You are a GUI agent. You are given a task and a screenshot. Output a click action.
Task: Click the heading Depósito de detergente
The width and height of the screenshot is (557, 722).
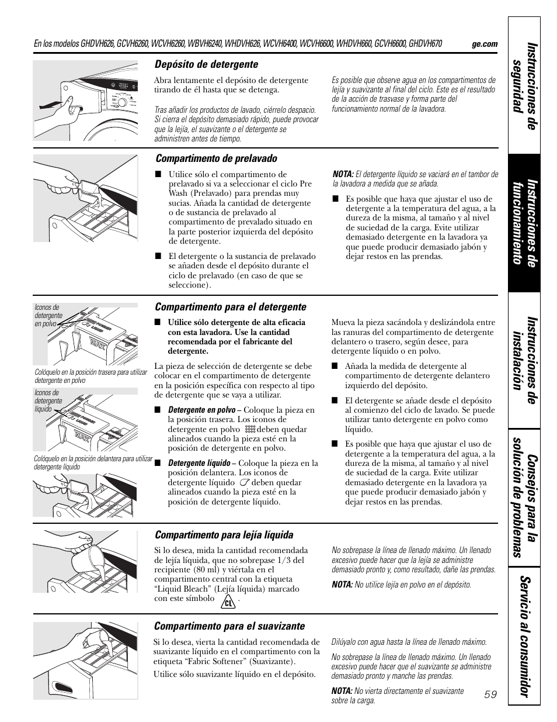coord(206,64)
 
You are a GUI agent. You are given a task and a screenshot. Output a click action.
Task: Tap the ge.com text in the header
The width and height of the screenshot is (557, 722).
coord(485,44)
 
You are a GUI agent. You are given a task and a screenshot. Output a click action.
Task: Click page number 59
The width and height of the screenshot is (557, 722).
coord(490,695)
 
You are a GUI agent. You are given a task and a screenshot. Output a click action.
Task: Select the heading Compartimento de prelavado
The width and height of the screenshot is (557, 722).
coord(216,158)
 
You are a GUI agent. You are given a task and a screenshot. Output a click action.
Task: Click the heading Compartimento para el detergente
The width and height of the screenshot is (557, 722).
coord(231,307)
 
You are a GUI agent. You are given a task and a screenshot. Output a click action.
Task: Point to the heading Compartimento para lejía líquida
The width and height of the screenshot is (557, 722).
coord(224,534)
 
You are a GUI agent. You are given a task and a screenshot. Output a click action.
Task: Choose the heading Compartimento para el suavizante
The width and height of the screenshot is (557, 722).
coord(229,626)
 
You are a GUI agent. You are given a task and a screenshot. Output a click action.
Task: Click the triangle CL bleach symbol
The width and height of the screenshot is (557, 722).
coord(228,601)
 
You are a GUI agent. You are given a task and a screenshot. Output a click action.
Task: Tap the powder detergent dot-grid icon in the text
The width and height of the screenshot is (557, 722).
coord(250,429)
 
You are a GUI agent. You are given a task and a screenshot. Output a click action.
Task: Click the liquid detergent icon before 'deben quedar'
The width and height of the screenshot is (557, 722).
coord(244,482)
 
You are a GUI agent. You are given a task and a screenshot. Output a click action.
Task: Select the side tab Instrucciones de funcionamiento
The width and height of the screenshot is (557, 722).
coord(524,223)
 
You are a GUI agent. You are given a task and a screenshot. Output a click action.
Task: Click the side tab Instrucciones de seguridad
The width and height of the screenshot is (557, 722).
coord(524,87)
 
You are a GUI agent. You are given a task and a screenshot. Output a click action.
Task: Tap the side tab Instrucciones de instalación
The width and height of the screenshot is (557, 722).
coord(524,361)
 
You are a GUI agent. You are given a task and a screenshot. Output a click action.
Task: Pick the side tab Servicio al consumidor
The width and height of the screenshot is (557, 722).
coord(524,636)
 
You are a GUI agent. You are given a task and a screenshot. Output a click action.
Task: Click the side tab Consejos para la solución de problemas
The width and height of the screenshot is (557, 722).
coord(524,498)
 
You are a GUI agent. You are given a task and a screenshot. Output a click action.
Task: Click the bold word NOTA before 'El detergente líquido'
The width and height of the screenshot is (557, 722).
coord(343,174)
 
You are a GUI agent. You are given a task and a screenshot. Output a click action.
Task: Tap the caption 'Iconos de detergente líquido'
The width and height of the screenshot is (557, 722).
coord(48,400)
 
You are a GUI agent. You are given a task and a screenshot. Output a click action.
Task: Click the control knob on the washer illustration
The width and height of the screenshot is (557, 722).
coord(122,102)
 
